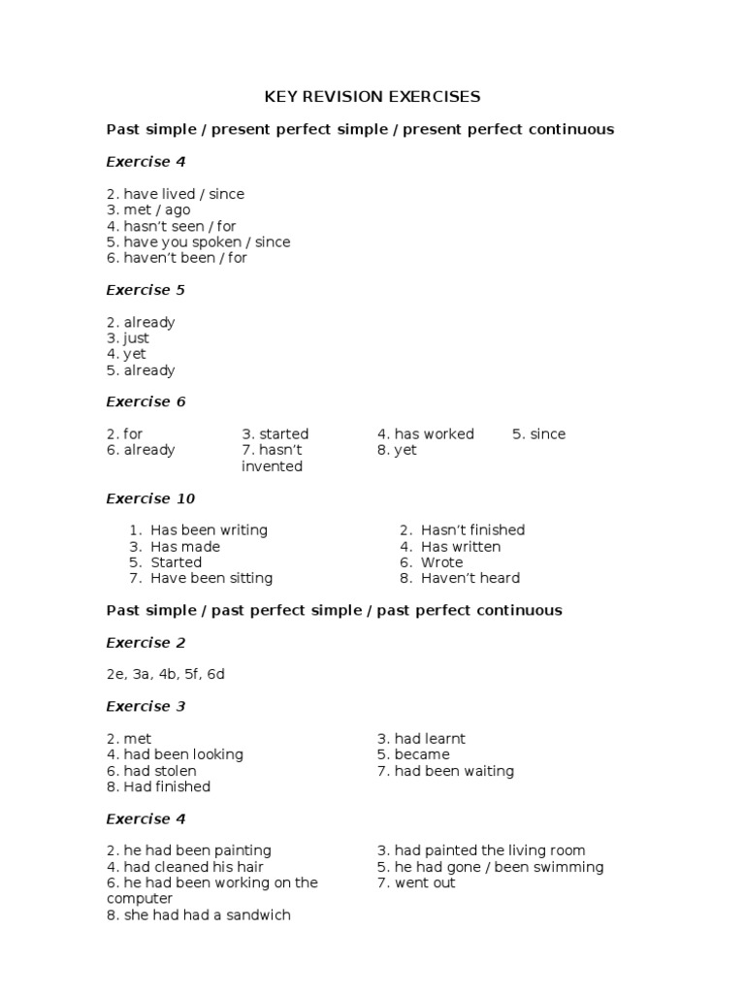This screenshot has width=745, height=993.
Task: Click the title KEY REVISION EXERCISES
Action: coord(372,97)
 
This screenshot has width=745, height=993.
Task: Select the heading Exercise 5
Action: coord(146,290)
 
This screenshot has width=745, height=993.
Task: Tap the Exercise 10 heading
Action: coord(150,498)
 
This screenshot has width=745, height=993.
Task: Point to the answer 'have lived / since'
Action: coord(183,194)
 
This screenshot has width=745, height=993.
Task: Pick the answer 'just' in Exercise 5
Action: coord(136,338)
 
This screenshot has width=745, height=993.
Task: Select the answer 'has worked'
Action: coord(434,433)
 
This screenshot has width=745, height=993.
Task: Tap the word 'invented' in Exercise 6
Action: coord(272,466)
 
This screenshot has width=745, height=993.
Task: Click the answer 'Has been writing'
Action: coord(209,530)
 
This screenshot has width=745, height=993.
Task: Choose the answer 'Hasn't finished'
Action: coord(472,530)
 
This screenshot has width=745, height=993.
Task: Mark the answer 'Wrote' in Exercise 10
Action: coord(441,562)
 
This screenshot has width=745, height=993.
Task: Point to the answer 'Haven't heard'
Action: coord(470,578)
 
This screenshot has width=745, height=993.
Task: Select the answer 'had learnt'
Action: coord(430,739)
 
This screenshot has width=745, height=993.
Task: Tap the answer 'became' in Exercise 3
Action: coord(422,754)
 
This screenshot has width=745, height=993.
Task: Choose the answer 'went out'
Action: coord(425,882)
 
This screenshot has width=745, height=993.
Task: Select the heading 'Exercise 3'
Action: coord(146,706)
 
